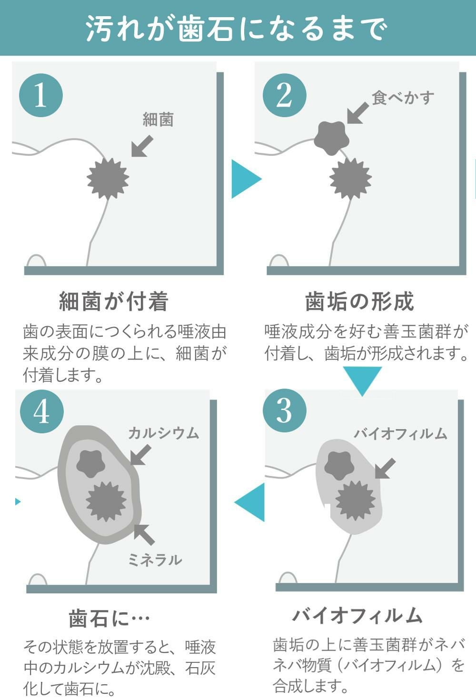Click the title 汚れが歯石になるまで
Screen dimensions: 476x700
pos(237,29)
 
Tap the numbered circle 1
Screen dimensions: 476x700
pos(41,95)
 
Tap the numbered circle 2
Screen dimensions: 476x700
pos(285,95)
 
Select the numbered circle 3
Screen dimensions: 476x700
pos(285,410)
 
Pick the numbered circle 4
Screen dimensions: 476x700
pos(42,411)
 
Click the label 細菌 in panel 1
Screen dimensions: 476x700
pos(158,119)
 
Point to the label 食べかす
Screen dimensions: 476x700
pos(403,98)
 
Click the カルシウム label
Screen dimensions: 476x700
pos(164,433)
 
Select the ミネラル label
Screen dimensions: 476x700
pos(155,560)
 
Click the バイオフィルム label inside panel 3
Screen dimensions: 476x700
pos(400,433)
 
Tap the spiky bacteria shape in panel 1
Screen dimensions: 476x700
pos(108,179)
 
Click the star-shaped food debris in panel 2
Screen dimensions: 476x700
pos(331,138)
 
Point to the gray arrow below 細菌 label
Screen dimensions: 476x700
pos(142,146)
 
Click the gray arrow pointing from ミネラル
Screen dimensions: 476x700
pos(144,534)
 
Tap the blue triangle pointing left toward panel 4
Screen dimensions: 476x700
pos(249,502)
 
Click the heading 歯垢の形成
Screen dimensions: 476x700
pos(359,301)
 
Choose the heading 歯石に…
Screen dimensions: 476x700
pos(109,618)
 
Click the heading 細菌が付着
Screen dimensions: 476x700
pos(114,301)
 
